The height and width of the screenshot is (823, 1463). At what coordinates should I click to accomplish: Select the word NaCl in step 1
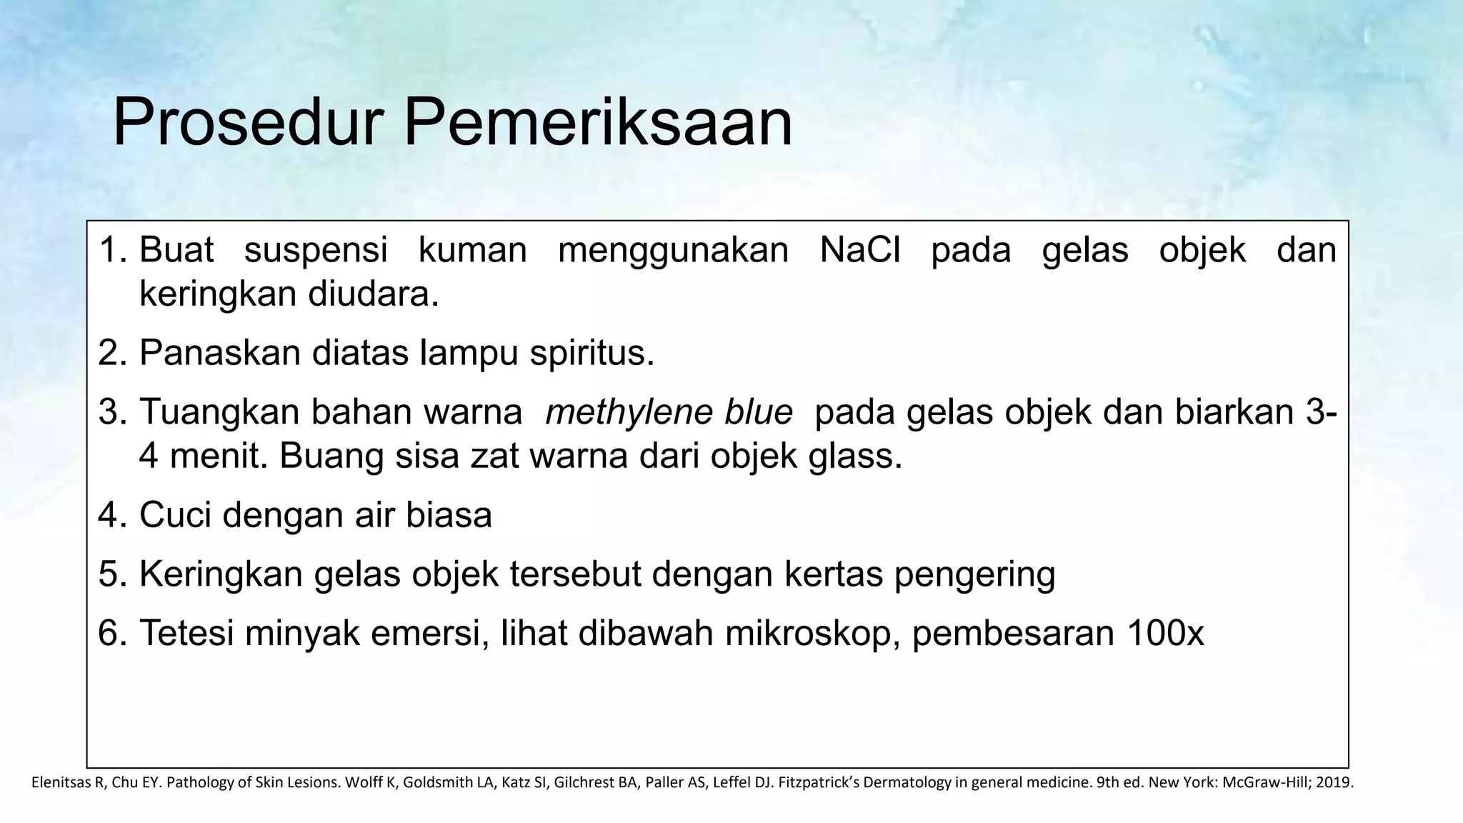(x=859, y=250)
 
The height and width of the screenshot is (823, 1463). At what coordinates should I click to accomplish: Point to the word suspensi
(x=316, y=250)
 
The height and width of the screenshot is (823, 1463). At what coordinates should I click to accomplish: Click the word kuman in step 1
(x=472, y=250)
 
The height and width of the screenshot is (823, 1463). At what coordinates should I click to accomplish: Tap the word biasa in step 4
(x=449, y=514)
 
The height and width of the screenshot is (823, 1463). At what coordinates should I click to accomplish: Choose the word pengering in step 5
(x=974, y=574)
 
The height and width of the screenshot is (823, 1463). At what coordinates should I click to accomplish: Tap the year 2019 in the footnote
(x=1333, y=782)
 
